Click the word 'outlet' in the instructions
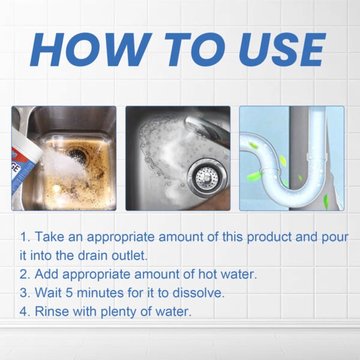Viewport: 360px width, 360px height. coord(128,255)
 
